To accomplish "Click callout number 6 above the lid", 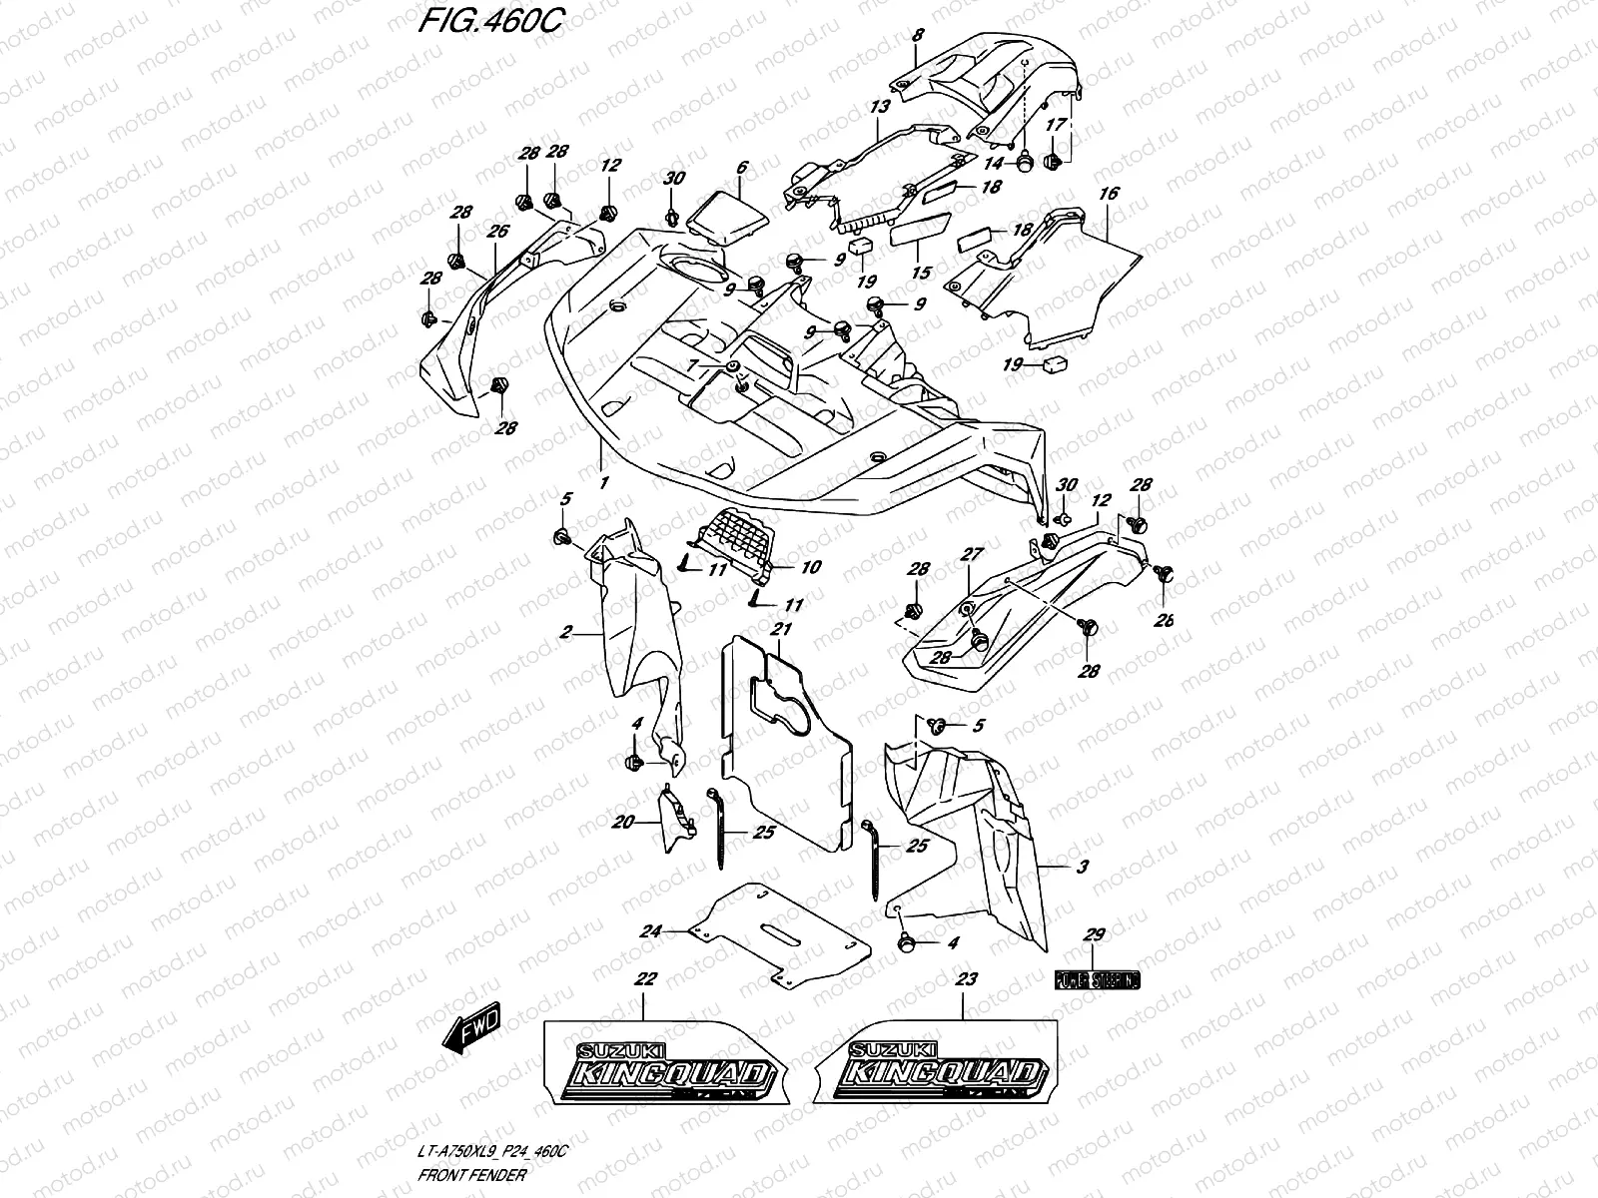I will (742, 169).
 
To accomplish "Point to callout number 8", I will (918, 36).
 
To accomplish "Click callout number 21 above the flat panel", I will (781, 630).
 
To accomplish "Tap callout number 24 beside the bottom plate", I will (651, 931).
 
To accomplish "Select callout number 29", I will (1095, 935).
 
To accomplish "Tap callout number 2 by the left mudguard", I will (566, 632).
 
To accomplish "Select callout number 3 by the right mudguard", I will (1083, 867).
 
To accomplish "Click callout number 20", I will (624, 822).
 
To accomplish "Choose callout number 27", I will (973, 554).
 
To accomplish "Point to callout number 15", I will (920, 272).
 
